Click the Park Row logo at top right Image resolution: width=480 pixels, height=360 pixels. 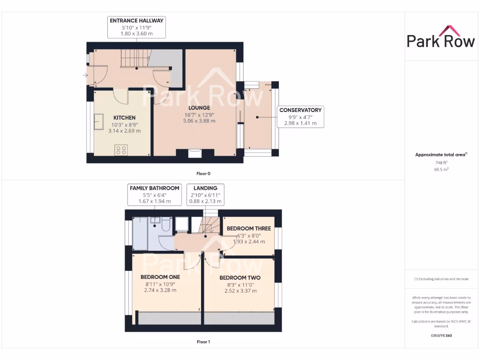[440, 37]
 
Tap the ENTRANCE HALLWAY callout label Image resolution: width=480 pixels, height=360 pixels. [136, 21]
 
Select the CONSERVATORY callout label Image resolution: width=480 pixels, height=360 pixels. [300, 110]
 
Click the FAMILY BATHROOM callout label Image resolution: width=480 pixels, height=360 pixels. [154, 188]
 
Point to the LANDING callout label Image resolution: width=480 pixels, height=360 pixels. [205, 188]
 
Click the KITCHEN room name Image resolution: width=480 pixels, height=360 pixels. [124, 118]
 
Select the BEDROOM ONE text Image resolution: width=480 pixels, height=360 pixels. [160, 277]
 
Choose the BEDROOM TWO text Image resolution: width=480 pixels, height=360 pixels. [240, 277]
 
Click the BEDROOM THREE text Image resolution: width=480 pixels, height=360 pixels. [248, 229]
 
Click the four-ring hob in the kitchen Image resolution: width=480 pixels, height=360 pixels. [121, 150]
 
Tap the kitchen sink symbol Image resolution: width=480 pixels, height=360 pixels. [99, 121]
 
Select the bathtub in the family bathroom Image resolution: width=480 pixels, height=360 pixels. [140, 233]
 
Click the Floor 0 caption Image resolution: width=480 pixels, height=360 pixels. [203, 173]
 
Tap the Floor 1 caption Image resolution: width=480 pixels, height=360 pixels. [203, 342]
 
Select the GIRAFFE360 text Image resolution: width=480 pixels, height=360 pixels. [441, 336]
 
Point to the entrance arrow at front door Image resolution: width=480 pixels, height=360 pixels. [85, 75]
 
